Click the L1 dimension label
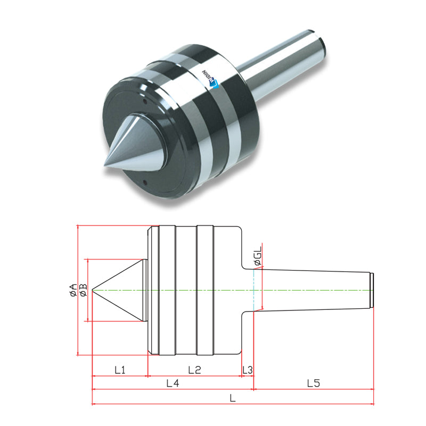pyautogui.click(x=119, y=370)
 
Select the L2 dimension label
pyautogui.click(x=194, y=370)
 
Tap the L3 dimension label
pyautogui.click(x=248, y=370)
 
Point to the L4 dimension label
pyautogui.click(x=173, y=383)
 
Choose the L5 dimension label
pyautogui.click(x=314, y=383)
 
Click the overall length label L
pyautogui.click(x=233, y=398)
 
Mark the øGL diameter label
pyautogui.click(x=258, y=256)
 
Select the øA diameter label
pyautogui.click(x=73, y=290)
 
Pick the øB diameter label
pyautogui.click(x=83, y=290)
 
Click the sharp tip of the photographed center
pyautogui.click(x=104, y=166)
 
